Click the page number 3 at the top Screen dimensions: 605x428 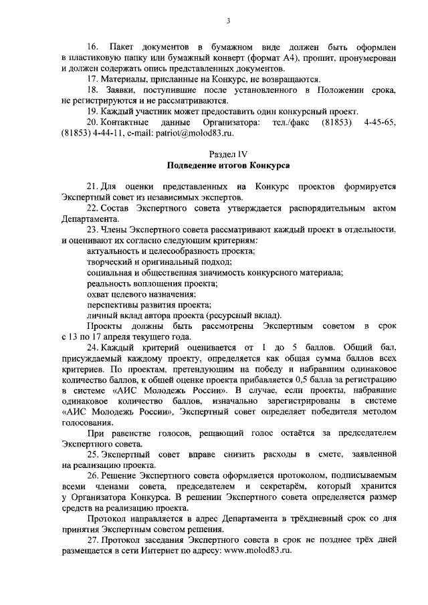point(227,21)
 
